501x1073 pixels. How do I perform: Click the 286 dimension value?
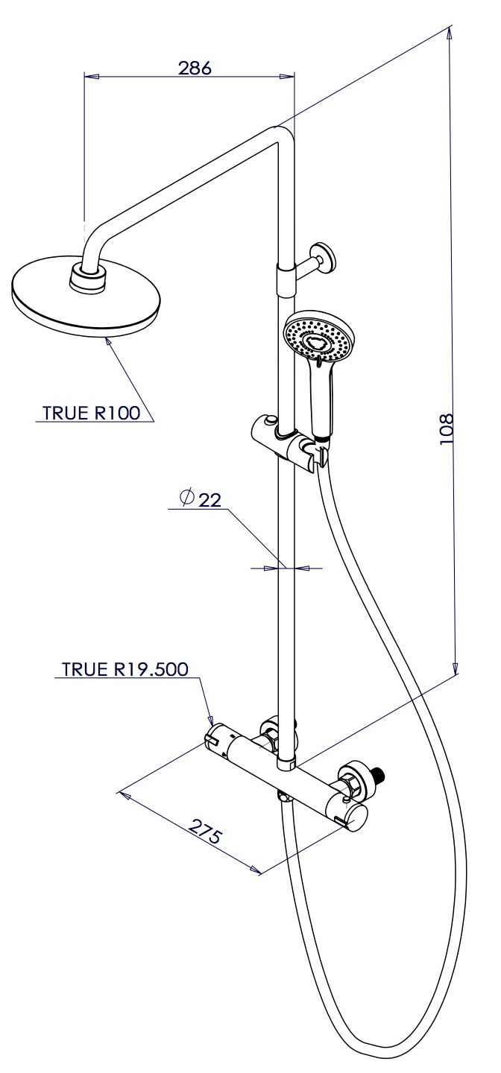click(195, 68)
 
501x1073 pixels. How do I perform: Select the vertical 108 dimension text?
click(446, 429)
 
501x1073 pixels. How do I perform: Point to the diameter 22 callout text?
click(202, 499)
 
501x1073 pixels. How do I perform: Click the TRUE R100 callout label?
click(91, 414)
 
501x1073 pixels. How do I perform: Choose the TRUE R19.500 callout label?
click(125, 669)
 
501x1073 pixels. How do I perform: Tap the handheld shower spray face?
click(317, 336)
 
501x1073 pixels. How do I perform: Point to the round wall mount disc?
click(325, 257)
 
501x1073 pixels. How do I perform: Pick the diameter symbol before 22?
click(187, 496)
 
